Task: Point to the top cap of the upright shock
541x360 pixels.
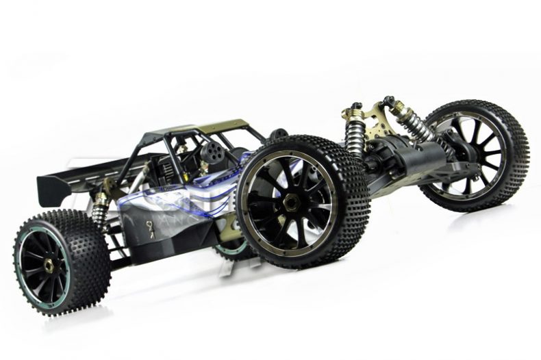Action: [x=355, y=108]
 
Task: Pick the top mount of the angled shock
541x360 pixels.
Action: [x=390, y=101]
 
